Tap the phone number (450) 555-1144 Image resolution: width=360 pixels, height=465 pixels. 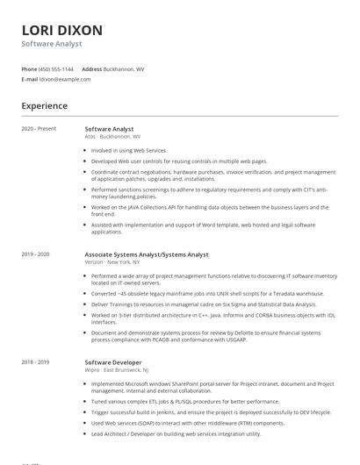pyautogui.click(x=57, y=68)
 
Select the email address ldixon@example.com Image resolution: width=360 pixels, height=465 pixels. pyautogui.click(x=65, y=79)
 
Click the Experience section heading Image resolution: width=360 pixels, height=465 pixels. pyautogui.click(x=45, y=106)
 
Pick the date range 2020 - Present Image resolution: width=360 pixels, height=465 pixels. pyautogui.click(x=39, y=129)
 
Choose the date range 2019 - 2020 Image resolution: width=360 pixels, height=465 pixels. pyautogui.click(x=36, y=254)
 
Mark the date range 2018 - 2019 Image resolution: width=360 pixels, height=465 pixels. pyautogui.click(x=36, y=362)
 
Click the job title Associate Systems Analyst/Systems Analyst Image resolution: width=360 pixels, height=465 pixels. pyautogui.click(x=147, y=254)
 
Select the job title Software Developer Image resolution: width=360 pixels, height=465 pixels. pyautogui.click(x=112, y=362)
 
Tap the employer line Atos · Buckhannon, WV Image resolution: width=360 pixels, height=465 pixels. pyautogui.click(x=112, y=137)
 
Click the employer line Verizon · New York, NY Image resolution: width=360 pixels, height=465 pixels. pyautogui.click(x=112, y=262)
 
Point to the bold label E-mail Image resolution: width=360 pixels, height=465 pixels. pyautogui.click(x=30, y=79)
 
